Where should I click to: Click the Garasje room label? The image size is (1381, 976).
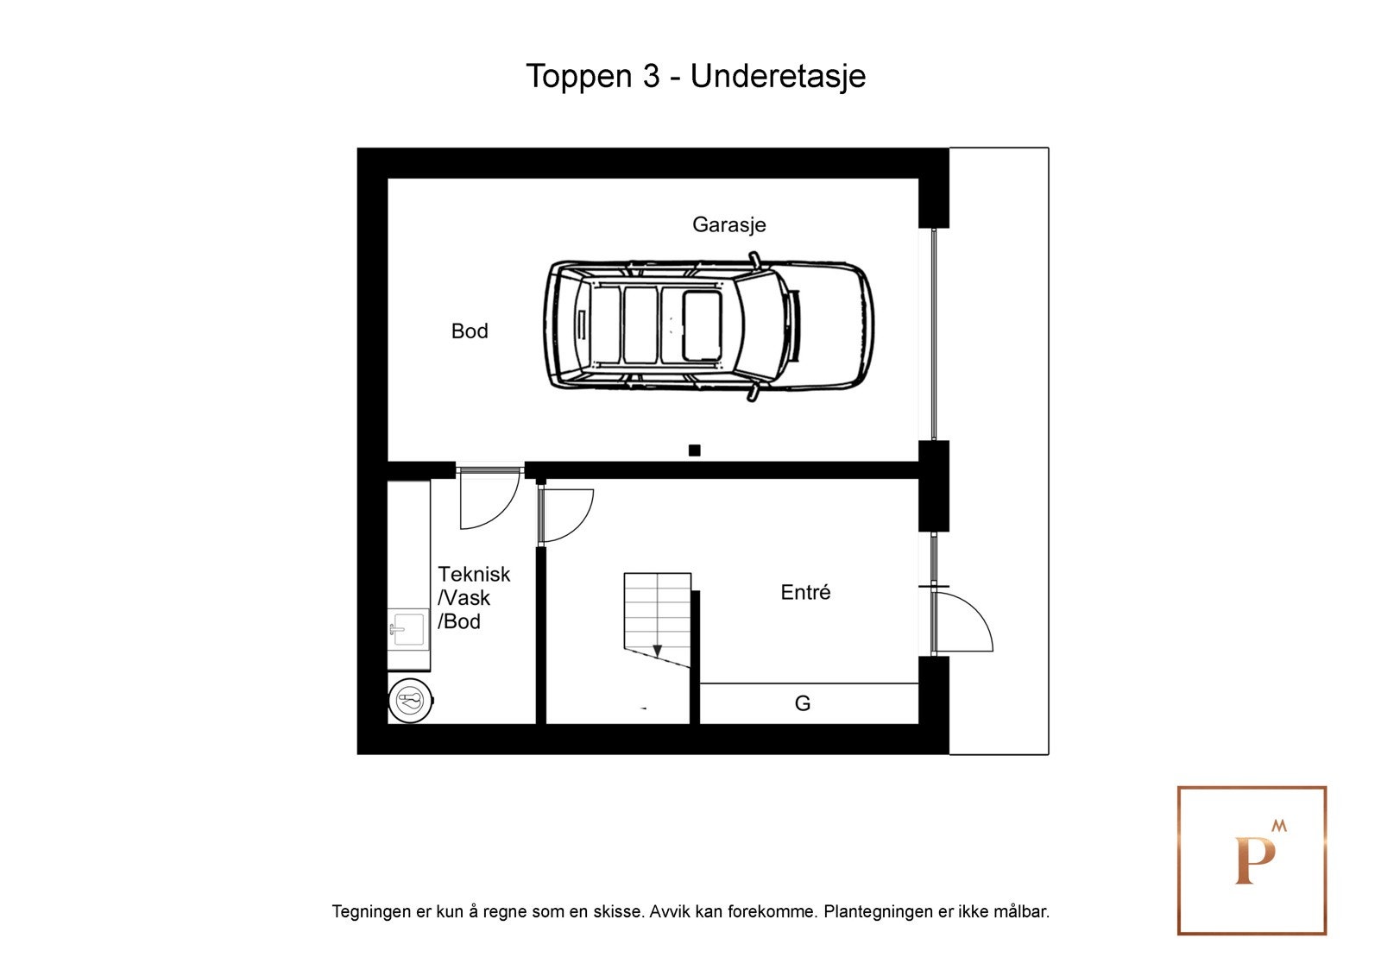point(728,225)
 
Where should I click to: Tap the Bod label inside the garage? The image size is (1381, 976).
point(470,331)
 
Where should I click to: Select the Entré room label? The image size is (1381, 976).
point(805,592)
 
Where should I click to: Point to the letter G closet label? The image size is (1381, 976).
point(802,702)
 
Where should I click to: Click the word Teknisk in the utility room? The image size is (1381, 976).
point(474,574)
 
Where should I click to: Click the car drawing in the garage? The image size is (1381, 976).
point(709,327)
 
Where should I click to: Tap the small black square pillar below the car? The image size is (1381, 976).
point(694,450)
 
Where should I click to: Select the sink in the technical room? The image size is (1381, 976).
point(407,629)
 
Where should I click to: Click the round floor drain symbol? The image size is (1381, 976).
point(411,701)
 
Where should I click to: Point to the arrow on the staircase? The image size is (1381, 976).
point(657,651)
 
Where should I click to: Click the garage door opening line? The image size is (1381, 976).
point(934,334)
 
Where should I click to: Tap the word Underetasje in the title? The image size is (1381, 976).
point(778,76)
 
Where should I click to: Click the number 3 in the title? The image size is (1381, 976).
point(651,76)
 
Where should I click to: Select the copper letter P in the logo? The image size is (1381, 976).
point(1254,861)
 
